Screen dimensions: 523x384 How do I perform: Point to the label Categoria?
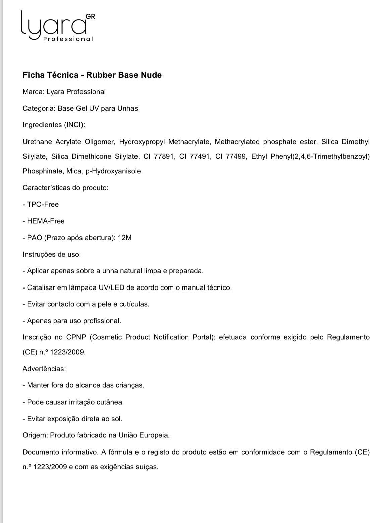click(x=39, y=108)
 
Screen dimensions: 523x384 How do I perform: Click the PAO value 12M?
click(x=125, y=238)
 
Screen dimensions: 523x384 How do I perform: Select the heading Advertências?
click(x=44, y=369)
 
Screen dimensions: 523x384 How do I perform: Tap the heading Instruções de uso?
click(x=52, y=254)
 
